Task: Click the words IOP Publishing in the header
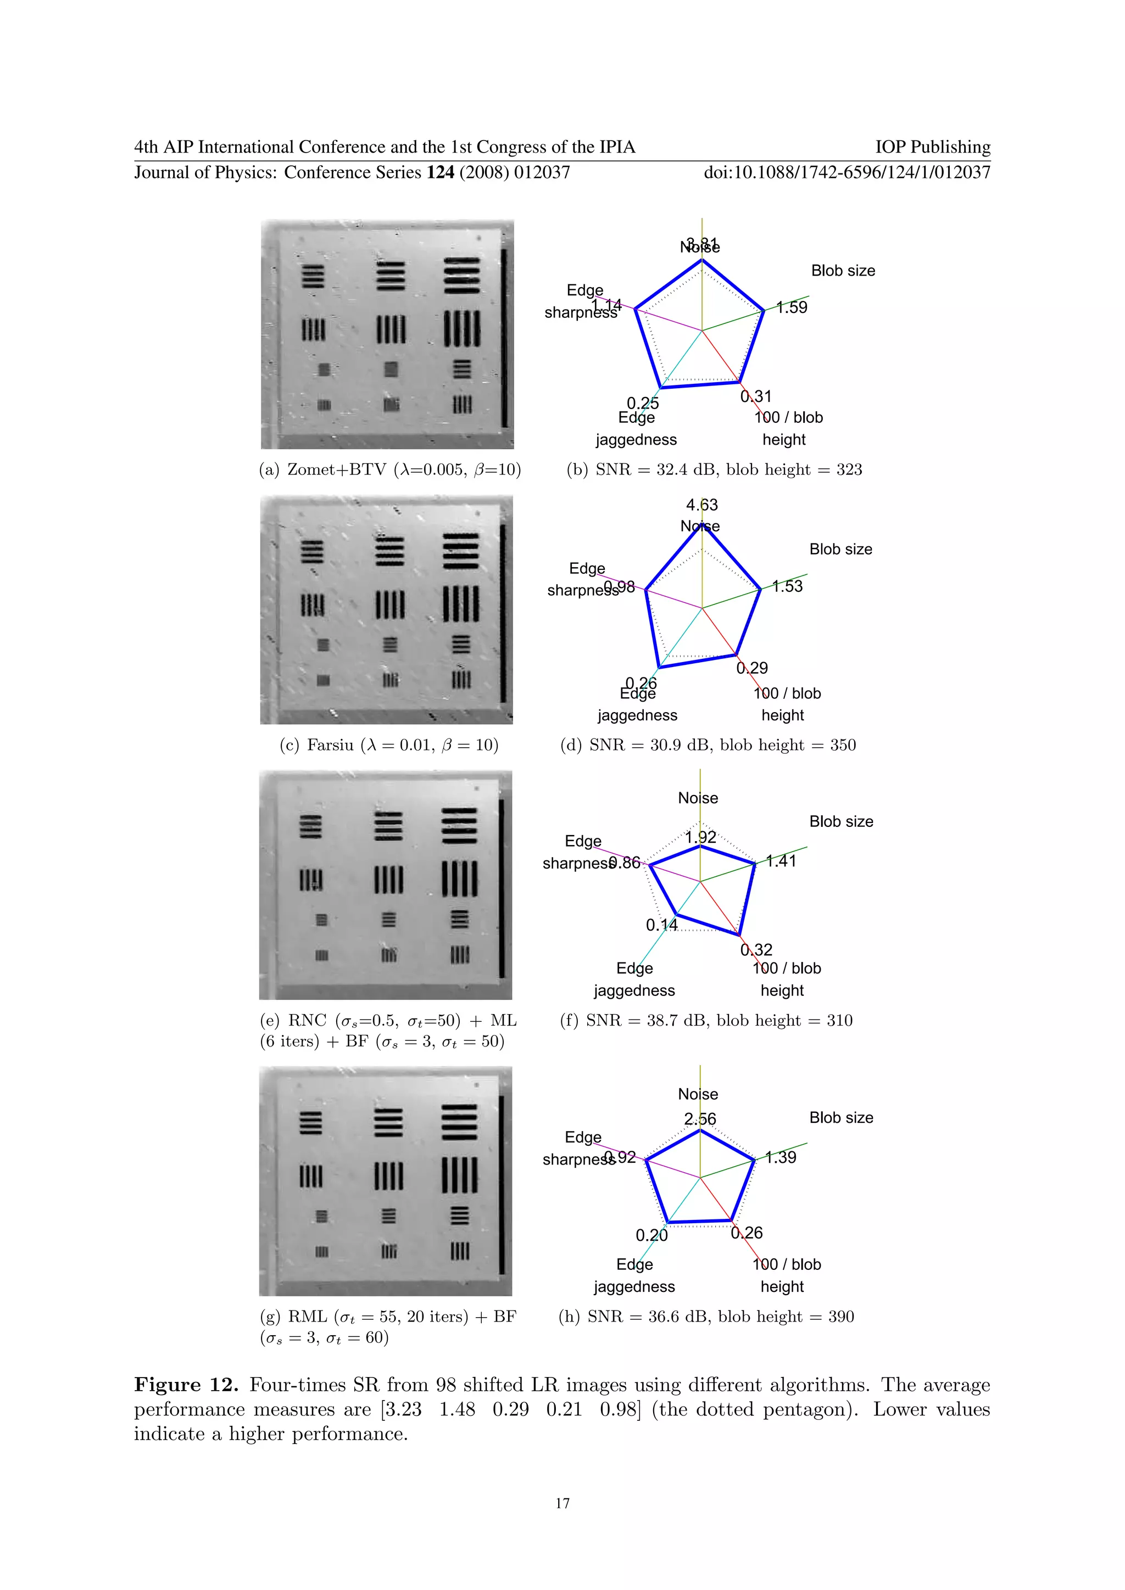coord(932,147)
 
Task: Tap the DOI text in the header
coord(846,172)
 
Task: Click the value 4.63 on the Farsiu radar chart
coord(701,505)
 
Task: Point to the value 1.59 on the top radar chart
coord(792,307)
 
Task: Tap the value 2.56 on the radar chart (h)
coord(700,1118)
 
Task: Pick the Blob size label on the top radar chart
coord(843,271)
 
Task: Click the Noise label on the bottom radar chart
coord(698,1094)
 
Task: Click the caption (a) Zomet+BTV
coord(390,469)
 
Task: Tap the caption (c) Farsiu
coord(389,745)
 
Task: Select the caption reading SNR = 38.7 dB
coord(706,1020)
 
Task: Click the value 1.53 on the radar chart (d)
coord(788,586)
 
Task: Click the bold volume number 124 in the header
coord(441,172)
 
